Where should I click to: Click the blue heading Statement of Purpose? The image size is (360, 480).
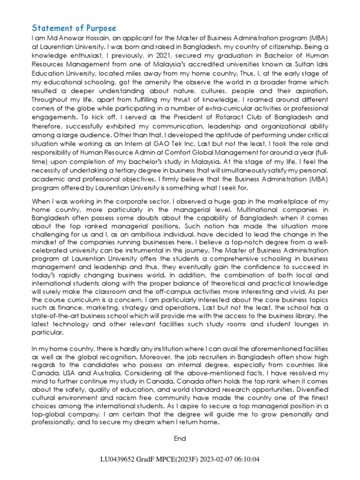(74, 28)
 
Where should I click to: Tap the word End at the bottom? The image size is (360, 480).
(180, 438)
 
